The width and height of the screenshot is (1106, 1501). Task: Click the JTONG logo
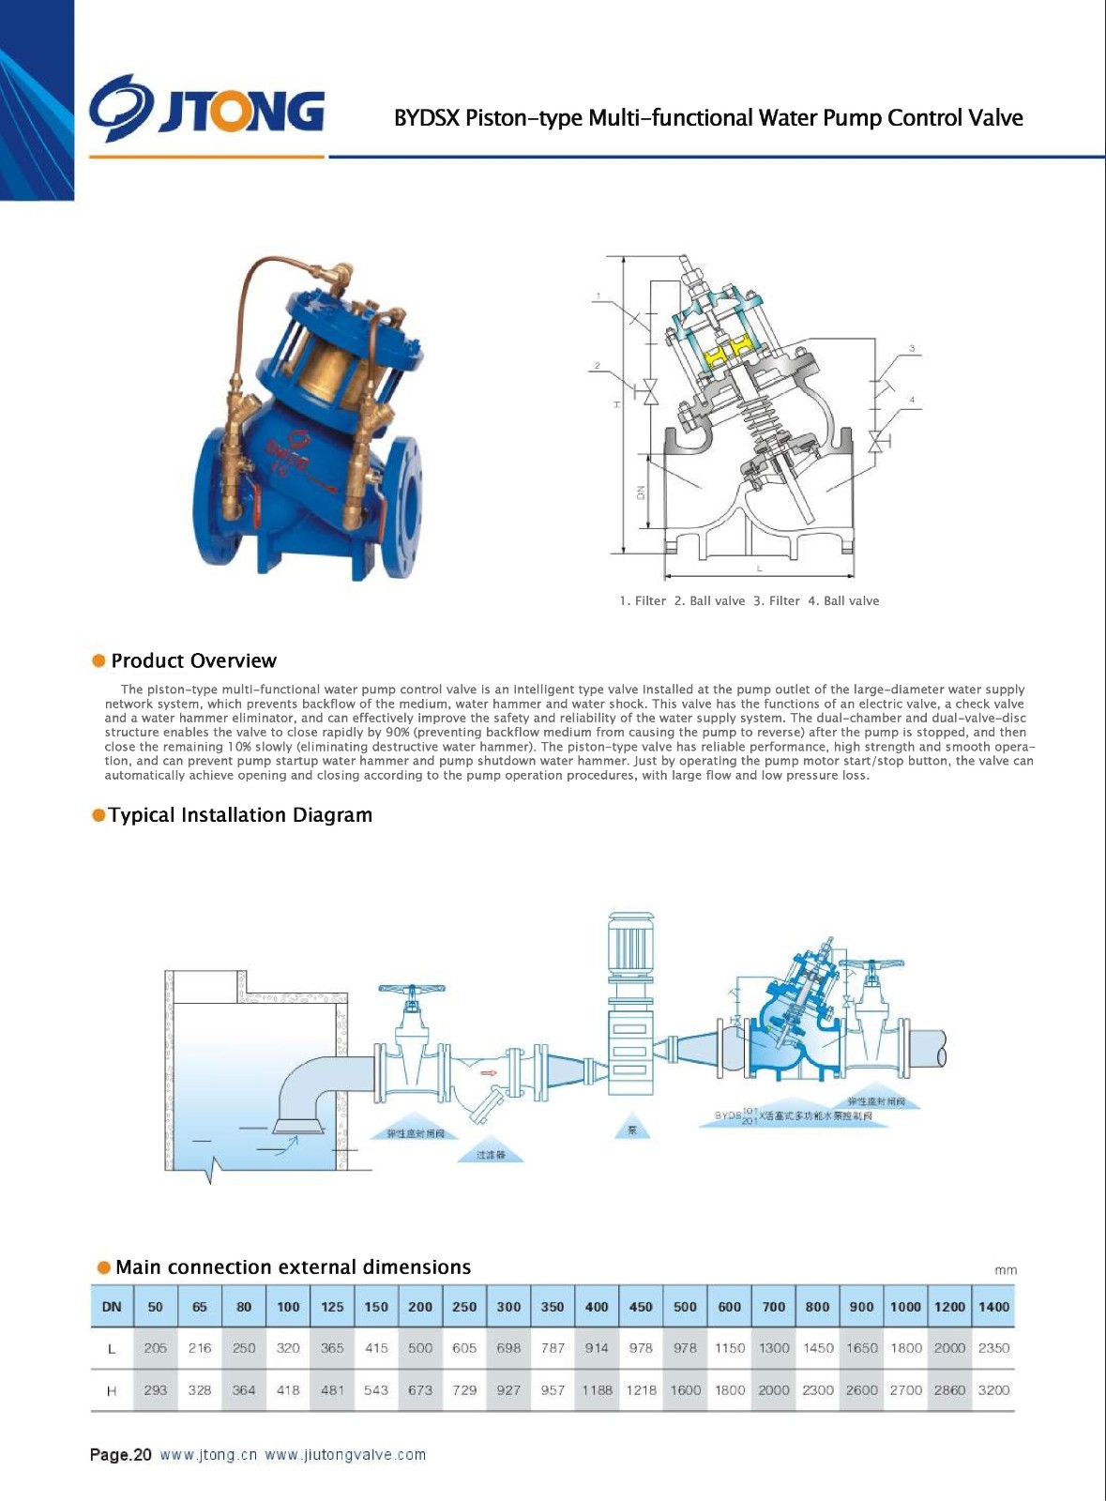click(x=207, y=110)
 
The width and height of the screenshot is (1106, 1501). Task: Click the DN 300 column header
click(x=508, y=1307)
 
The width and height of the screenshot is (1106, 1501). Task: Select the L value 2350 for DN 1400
click(x=993, y=1348)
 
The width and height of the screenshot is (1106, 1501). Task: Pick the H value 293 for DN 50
click(x=156, y=1390)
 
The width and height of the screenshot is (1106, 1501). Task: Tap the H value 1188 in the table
click(x=597, y=1390)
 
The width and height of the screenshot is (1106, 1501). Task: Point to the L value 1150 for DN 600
click(x=729, y=1348)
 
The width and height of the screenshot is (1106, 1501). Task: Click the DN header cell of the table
click(x=112, y=1307)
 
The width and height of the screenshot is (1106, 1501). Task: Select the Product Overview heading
click(x=193, y=660)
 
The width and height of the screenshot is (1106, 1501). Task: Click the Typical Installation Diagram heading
click(x=240, y=815)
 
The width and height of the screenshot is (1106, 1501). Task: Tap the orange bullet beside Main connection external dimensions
click(x=103, y=1267)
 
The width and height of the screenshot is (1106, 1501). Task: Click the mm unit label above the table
click(x=1005, y=1270)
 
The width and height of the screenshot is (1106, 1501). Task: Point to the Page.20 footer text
click(x=120, y=1455)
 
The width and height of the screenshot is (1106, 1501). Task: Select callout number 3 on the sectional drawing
click(x=911, y=349)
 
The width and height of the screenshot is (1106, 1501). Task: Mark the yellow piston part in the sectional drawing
click(x=720, y=356)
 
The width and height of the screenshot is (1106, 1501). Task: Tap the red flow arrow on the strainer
click(x=489, y=1072)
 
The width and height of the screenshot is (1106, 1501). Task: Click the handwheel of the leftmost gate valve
click(x=411, y=990)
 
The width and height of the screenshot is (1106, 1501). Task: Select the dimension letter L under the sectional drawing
click(x=759, y=569)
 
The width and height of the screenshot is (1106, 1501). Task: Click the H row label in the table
click(x=112, y=1390)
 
